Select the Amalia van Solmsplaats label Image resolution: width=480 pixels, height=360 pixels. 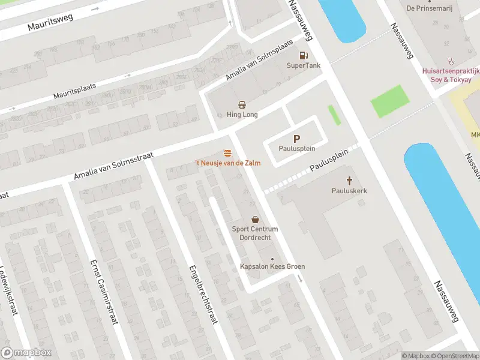coord(259,61)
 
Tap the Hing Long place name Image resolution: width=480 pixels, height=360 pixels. coord(242,115)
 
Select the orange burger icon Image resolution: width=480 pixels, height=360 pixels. coord(227,153)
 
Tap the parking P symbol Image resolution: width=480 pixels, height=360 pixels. coord(296,138)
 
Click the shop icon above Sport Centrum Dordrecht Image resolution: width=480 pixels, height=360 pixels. coord(255,220)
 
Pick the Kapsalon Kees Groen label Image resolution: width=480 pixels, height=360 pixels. coord(273,266)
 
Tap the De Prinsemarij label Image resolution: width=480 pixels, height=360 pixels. coord(428,8)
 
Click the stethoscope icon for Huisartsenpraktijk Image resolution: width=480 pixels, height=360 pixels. coord(450,61)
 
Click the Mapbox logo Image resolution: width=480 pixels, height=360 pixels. coord(26,353)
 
